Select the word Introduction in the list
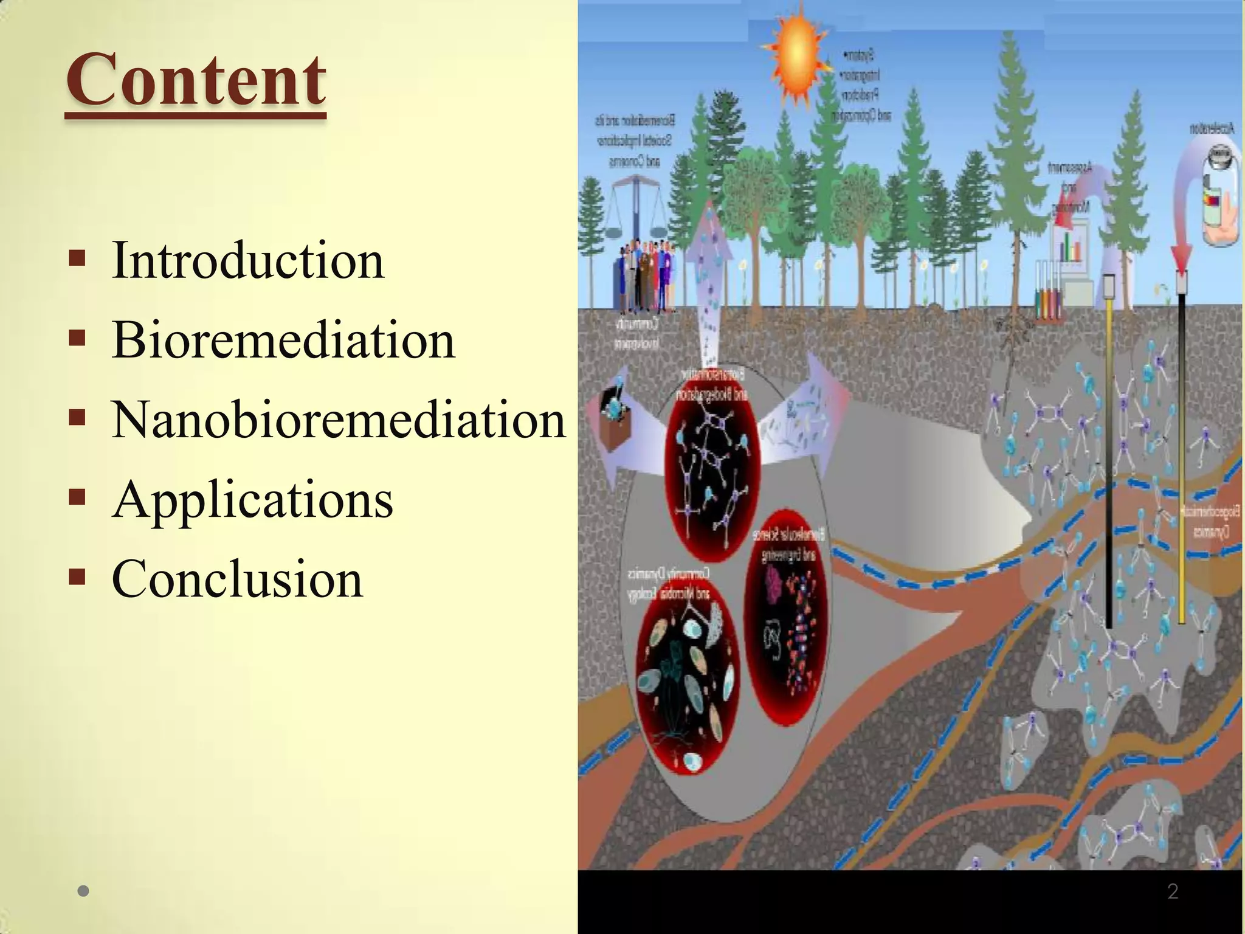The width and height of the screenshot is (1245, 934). tap(248, 260)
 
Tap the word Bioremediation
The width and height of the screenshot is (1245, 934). tap(283, 340)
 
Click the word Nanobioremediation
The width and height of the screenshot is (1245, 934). tap(339, 420)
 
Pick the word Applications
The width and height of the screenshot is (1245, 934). tap(252, 499)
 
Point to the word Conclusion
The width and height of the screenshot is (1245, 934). tap(237, 579)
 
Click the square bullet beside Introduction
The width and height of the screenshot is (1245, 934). tap(77, 258)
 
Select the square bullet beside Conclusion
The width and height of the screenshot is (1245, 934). tap(77, 576)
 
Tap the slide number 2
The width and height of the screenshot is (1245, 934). tap(1173, 891)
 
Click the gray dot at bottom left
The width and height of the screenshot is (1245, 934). tap(84, 891)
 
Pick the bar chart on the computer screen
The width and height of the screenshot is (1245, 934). tap(1072, 248)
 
